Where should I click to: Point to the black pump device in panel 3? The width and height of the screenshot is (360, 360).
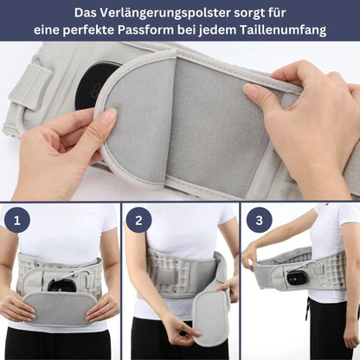(298, 279)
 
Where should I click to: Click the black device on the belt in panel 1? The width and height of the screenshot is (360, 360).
(61, 284)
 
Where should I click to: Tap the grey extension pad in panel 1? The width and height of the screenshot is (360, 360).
(58, 307)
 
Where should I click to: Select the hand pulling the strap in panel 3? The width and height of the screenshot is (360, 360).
(250, 254)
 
